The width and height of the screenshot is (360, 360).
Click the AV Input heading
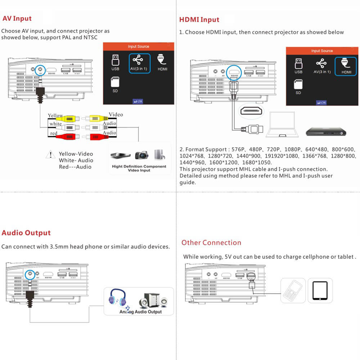[17, 19]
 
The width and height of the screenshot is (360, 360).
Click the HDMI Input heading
[199, 19]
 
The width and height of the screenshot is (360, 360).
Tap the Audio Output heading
[26, 233]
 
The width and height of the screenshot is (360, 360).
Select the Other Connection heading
[211, 243]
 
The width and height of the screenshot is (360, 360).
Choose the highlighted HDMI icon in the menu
[346, 66]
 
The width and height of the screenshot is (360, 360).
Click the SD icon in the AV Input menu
[115, 85]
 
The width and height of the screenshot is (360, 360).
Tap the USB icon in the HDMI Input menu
[298, 66]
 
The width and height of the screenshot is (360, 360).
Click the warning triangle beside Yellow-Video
[49, 156]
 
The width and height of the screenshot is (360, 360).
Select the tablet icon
[320, 291]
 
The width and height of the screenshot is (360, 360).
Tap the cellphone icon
[293, 290]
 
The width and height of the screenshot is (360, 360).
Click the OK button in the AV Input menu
[138, 102]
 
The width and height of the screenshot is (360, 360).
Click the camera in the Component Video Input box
[141, 155]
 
